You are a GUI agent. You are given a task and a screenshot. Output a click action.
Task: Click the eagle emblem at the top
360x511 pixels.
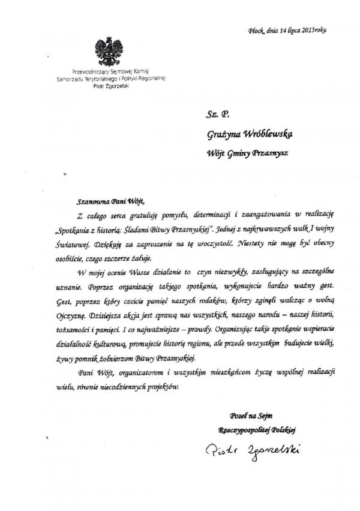click(x=109, y=52)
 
